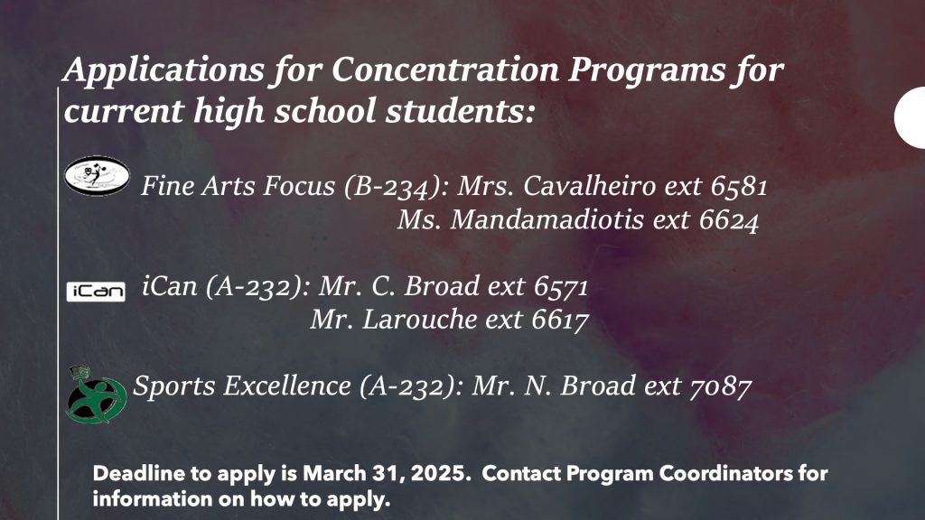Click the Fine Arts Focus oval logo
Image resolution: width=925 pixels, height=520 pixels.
coord(97,176)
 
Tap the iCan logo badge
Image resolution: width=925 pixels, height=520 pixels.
coord(96,292)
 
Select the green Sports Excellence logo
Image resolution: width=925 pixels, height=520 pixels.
coord(96,395)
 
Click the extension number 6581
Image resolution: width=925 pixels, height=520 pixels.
coord(739,186)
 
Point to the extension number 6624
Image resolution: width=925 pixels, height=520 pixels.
coord(729,220)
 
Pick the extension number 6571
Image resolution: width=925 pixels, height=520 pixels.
coord(561,287)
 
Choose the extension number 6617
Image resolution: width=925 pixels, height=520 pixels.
coord(560,320)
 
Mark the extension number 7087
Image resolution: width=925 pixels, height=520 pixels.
coord(720,386)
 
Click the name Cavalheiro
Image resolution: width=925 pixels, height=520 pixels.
coord(589,186)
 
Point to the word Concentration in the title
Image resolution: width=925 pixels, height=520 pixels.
coord(444,70)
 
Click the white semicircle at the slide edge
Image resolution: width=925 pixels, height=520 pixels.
coord(911,117)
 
